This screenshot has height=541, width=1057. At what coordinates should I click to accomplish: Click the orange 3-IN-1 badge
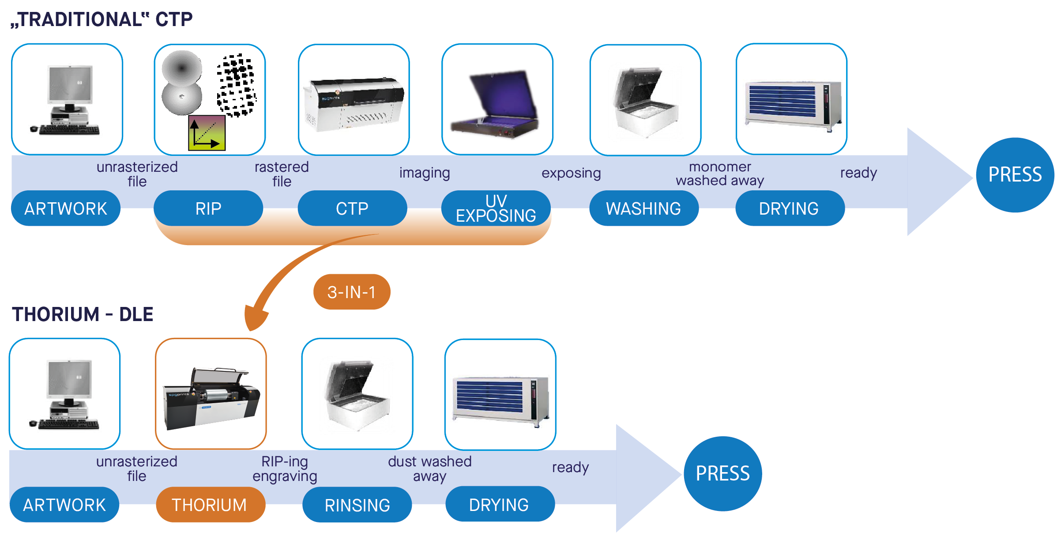coord(351,292)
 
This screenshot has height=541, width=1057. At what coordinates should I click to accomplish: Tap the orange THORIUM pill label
coord(210,504)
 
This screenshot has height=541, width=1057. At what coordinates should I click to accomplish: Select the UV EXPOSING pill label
coord(496,208)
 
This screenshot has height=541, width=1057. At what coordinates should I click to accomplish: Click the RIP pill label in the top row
coord(208,208)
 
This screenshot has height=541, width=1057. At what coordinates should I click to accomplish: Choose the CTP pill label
coord(352,208)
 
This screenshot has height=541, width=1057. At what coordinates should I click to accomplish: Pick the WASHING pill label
coord(643,208)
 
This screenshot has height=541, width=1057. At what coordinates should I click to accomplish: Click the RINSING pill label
coord(357,504)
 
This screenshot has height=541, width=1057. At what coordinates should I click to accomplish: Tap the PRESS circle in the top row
coord(1015,175)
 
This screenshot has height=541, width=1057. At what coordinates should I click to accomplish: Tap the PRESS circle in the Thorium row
coord(722,473)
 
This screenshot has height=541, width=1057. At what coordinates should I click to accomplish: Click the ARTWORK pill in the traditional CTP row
coord(66,208)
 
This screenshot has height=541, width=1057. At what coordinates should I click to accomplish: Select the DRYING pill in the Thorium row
coord(500,504)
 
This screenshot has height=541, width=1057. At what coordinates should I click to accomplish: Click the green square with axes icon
coord(207,133)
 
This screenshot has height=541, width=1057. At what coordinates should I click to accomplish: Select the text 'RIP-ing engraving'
coord(285,469)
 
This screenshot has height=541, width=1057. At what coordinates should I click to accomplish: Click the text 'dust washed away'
coord(429,469)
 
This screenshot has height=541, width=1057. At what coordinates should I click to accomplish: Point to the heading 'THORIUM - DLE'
coord(83,314)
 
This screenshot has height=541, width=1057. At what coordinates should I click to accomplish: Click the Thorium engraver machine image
coord(211,397)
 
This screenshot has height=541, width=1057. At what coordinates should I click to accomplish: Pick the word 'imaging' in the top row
coord(424,173)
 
